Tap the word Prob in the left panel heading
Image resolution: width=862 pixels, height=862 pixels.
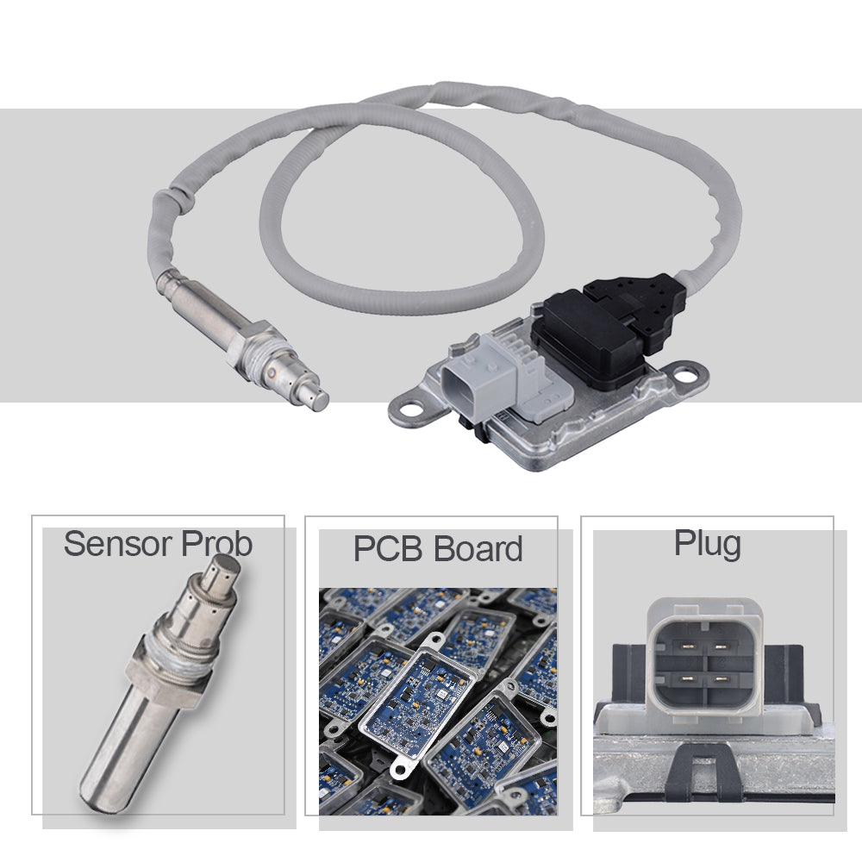pos(216,544)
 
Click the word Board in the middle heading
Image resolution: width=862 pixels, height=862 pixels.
pos(478,548)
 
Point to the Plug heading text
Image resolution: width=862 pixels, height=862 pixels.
pos(708,545)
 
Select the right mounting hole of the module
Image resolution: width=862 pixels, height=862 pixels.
pos(684,376)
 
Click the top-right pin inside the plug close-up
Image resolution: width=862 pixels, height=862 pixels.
pos(721,646)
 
